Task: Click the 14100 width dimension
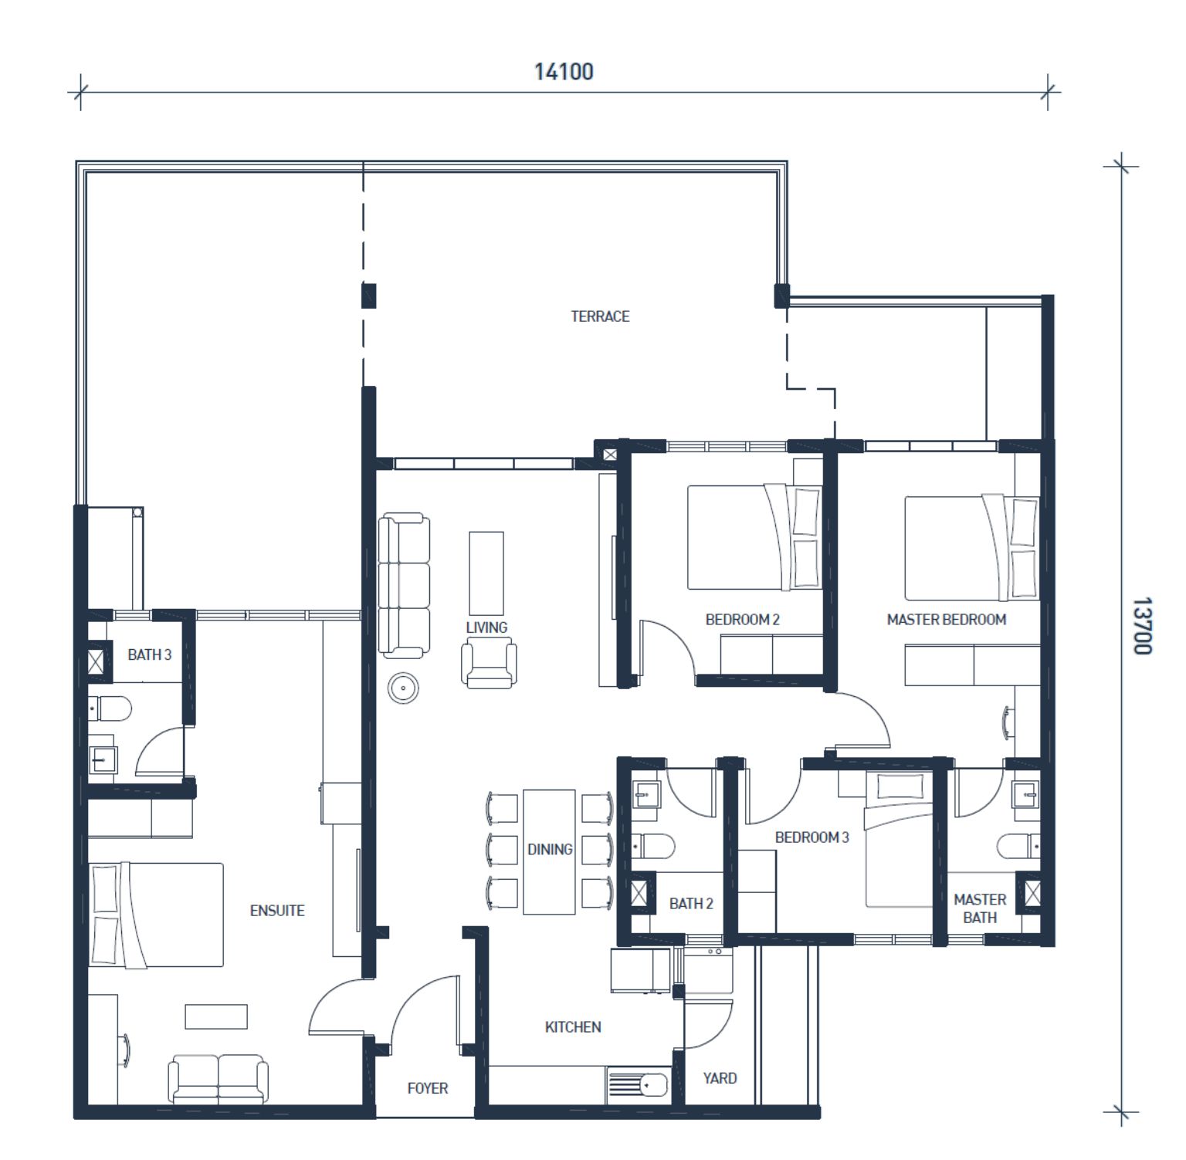click(x=564, y=72)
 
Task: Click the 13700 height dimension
click(x=1142, y=625)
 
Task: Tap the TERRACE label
click(x=600, y=316)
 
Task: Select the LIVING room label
click(x=486, y=627)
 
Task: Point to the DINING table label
click(x=550, y=849)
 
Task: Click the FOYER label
click(x=428, y=1088)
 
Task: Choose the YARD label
click(x=720, y=1078)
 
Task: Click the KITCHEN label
click(x=573, y=1027)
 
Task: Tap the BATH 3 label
click(x=150, y=655)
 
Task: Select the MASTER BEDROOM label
click(x=947, y=620)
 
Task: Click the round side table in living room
click(x=403, y=688)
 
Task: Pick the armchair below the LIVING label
click(x=489, y=665)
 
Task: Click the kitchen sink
click(x=638, y=1084)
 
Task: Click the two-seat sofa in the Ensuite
click(x=219, y=1079)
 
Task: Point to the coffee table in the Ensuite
click(x=216, y=1016)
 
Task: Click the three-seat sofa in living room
click(x=404, y=586)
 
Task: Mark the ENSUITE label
click(x=277, y=911)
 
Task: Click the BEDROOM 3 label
click(x=812, y=837)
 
